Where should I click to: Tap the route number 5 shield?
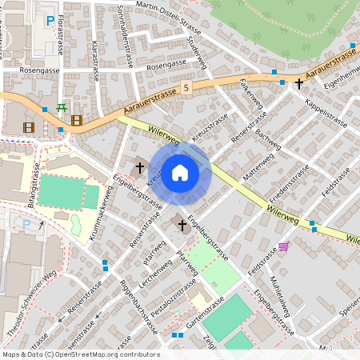click(x=186, y=86)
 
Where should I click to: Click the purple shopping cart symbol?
click(x=282, y=246)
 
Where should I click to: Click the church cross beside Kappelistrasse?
click(x=299, y=83)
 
